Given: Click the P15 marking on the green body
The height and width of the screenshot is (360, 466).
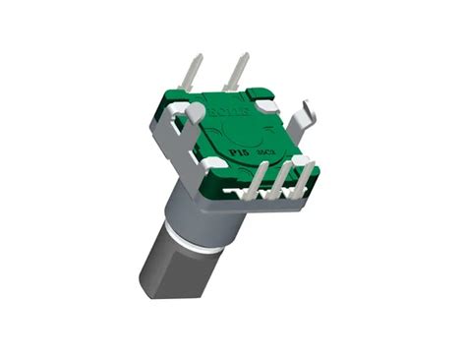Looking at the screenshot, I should [237, 154].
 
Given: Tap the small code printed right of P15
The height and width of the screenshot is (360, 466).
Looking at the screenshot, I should [261, 150].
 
